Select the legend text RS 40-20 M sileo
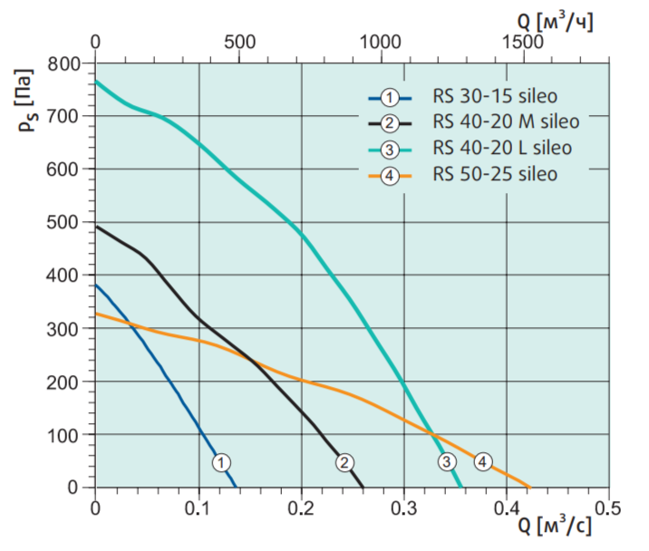point(506,121)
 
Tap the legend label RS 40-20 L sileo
point(502,147)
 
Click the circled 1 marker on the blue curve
point(221,462)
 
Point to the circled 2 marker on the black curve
point(344,462)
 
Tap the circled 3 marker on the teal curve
point(447,462)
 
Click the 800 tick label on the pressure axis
point(65,64)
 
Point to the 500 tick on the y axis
point(65,222)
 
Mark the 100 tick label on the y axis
point(65,434)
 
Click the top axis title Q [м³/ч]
point(556,20)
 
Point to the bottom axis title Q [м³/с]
point(555,526)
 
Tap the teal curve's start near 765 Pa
point(96,82)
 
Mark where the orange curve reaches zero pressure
point(528,487)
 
